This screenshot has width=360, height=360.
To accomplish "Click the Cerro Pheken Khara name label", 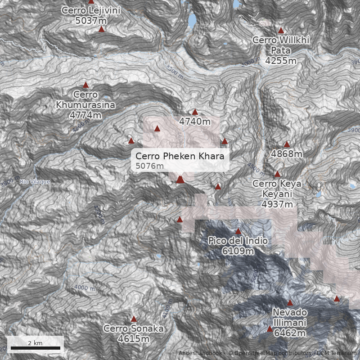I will pyautogui.click(x=180, y=157).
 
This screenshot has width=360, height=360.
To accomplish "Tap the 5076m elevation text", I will pyautogui.click(x=149, y=166).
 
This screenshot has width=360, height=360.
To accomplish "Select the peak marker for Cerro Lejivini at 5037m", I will pyautogui.click(x=101, y=29).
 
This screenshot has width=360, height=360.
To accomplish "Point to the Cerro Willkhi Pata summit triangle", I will pyautogui.click(x=281, y=31).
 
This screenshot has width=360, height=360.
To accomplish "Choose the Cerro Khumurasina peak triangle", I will pyautogui.click(x=85, y=85).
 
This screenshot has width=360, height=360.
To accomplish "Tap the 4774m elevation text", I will pyautogui.click(x=85, y=115).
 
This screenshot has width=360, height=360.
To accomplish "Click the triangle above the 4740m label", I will pyautogui.click(x=195, y=112).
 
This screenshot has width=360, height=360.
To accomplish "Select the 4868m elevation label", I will pyautogui.click(x=287, y=154).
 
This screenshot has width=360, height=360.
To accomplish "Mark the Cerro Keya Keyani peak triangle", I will pyautogui.click(x=277, y=174).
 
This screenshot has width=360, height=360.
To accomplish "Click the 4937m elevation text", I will pyautogui.click(x=277, y=204).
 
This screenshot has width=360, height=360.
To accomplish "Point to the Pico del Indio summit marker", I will pyautogui.click(x=238, y=231).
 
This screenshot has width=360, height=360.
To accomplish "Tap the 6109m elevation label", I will pyautogui.click(x=238, y=251).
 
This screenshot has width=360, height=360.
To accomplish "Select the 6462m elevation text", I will pyautogui.click(x=290, y=333).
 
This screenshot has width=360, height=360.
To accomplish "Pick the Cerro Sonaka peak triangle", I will pyautogui.click(x=133, y=319).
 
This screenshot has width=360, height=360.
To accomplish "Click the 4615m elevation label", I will pyautogui.click(x=133, y=339).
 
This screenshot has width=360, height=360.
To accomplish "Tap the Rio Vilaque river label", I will pyautogui.click(x=35, y=182).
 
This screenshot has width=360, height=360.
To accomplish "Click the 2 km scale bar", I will pyautogui.click(x=35, y=348).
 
